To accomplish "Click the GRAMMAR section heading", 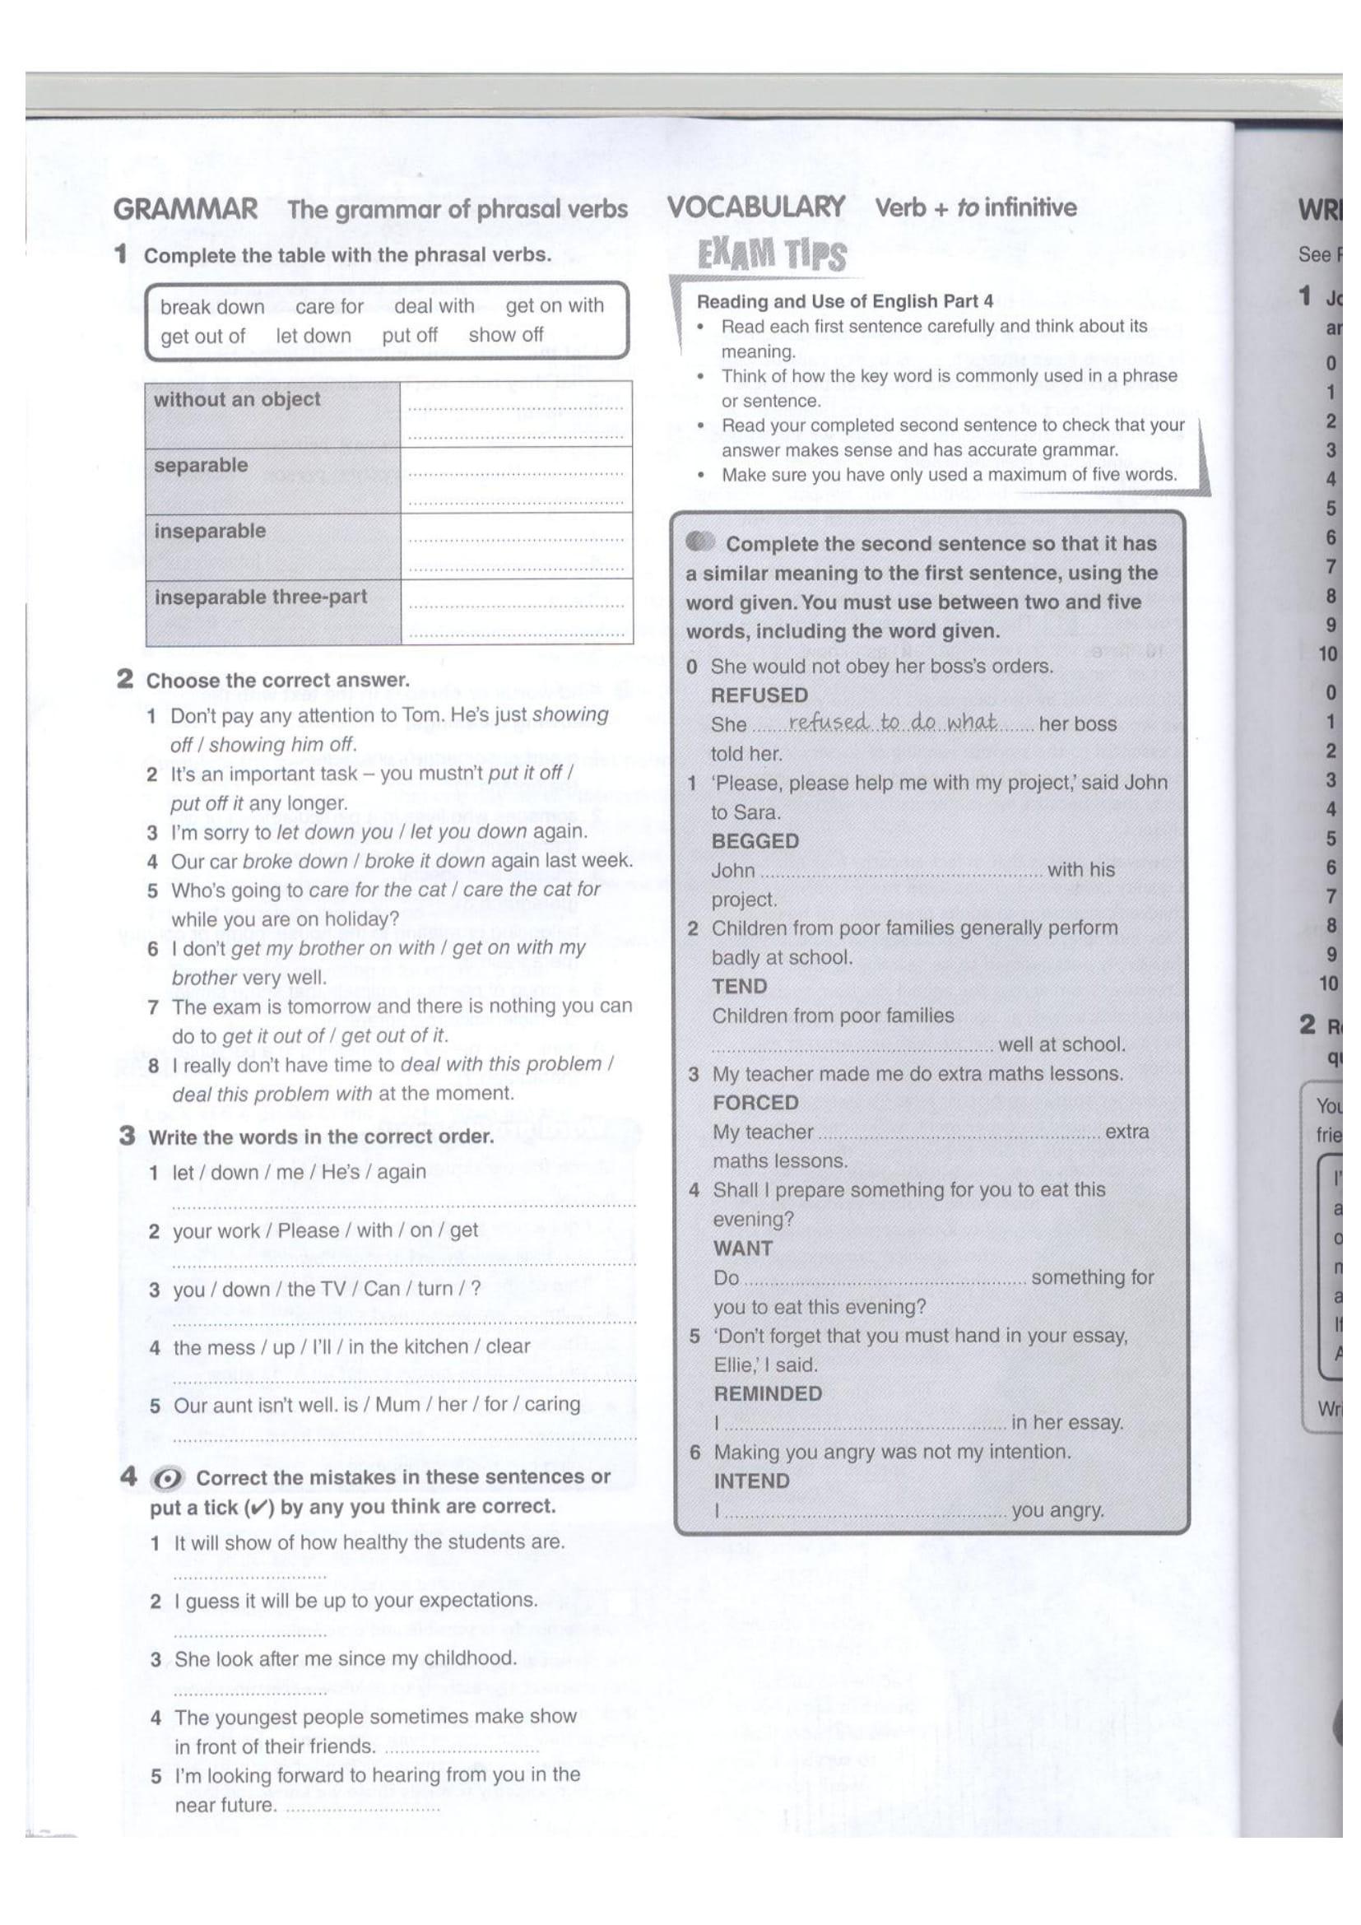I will [185, 209].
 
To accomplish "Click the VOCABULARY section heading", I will [756, 207].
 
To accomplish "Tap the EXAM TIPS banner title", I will [772, 255].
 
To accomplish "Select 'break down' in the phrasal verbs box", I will [212, 307].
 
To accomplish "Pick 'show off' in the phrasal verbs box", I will [505, 335].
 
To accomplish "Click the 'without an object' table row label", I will [236, 399].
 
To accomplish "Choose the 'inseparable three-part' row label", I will [261, 597].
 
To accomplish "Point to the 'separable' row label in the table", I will [201, 465].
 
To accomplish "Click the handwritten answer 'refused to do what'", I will [893, 722].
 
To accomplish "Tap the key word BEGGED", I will [755, 841].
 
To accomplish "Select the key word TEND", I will [739, 986].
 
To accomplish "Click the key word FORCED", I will [755, 1103].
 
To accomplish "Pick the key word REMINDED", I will [768, 1393].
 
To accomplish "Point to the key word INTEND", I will [751, 1481].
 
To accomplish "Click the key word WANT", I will [742, 1248].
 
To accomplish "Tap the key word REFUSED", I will [759, 695].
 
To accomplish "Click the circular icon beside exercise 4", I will [167, 1480].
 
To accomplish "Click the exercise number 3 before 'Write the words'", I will [128, 1135].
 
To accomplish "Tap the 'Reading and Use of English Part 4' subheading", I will [845, 301].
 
